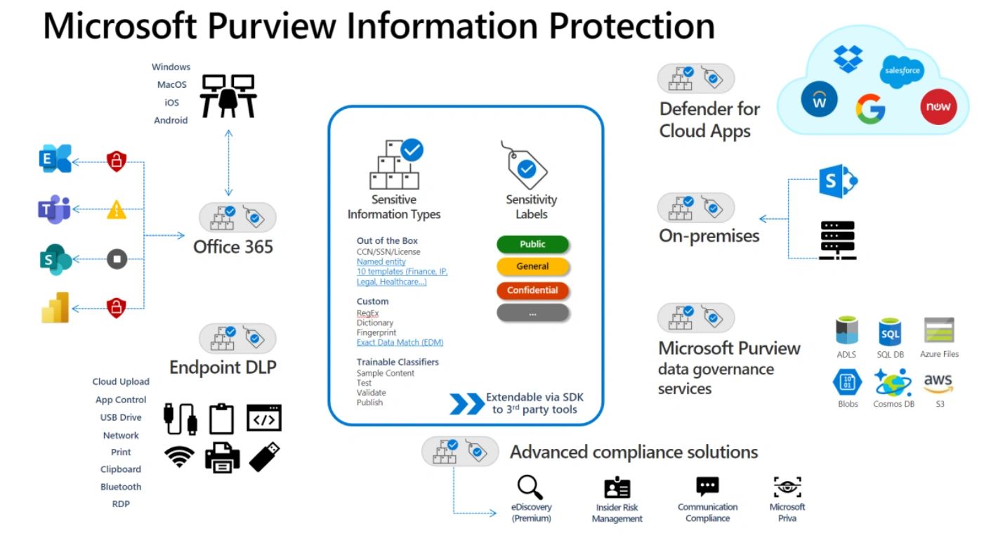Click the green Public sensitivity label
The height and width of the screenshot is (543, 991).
coord(532,244)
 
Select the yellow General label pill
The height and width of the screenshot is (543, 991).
coord(532,267)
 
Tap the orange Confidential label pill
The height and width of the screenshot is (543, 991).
coord(532,290)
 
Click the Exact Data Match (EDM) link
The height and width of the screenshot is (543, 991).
coord(400,342)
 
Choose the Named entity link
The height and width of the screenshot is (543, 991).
coord(381,261)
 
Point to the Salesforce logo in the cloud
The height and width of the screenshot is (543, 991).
coord(901,72)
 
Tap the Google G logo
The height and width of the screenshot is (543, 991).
coord(870,109)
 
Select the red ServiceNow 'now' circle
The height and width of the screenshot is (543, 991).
coord(938,106)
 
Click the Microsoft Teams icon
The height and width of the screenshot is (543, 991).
coord(54,209)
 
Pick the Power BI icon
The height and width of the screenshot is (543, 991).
coord(55,307)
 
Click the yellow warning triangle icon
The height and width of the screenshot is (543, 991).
coord(117,209)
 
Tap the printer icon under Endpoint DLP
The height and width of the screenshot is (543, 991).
coord(222,457)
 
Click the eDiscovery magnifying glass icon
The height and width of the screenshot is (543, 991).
coord(531,487)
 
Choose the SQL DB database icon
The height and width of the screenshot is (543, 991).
coord(890,332)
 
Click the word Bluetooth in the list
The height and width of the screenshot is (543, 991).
coord(121,487)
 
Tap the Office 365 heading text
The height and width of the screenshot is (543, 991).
coord(233,247)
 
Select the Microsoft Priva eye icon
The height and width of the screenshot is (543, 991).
coord(787,487)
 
